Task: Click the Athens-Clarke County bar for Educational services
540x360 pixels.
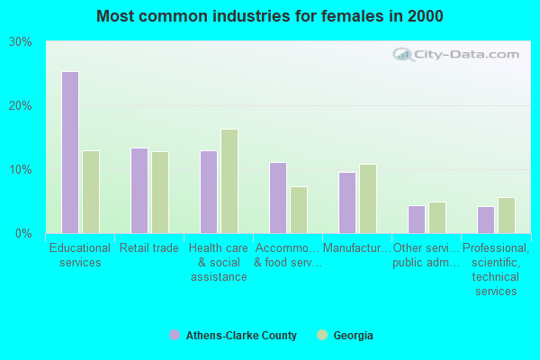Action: [70, 152]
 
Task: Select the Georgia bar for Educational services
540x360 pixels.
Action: [91, 192]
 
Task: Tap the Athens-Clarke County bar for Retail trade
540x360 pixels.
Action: [139, 191]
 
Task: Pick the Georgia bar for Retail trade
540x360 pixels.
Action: [160, 192]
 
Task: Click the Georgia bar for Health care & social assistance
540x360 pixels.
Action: [229, 181]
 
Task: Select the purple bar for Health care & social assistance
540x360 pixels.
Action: [209, 192]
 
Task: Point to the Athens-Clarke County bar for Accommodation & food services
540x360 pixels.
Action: [278, 198]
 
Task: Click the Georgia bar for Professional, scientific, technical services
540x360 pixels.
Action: [507, 215]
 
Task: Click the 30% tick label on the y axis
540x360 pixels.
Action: [21, 42]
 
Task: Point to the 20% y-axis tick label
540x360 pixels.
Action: [21, 106]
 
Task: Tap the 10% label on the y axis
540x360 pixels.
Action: [21, 170]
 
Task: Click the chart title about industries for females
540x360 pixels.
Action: [270, 16]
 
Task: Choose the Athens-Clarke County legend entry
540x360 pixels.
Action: [240, 336]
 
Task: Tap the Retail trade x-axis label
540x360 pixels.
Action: [149, 248]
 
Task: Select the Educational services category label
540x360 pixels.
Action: [80, 256]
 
